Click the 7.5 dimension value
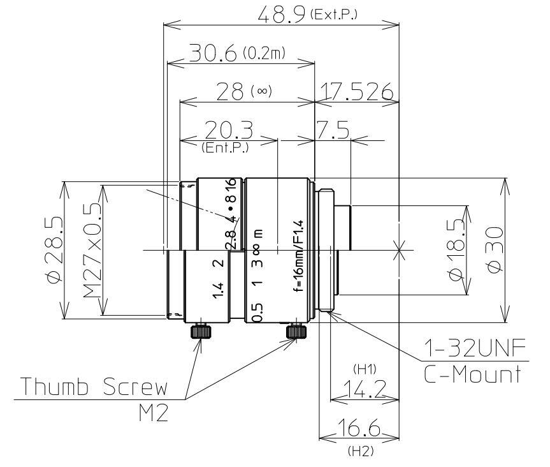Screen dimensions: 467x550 pos(331,131)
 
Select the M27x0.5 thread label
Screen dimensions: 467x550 pos(94,250)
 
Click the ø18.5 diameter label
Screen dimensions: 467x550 pos(458,250)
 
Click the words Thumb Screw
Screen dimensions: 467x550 pos(94,388)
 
